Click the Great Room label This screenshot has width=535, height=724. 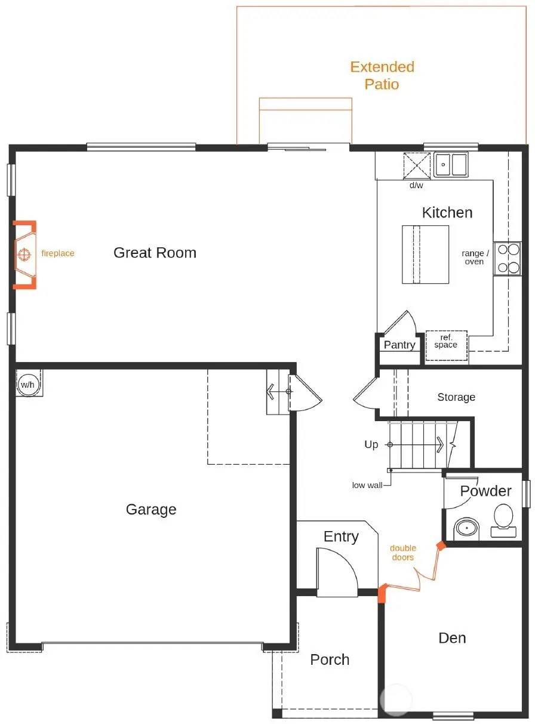pos(155,253)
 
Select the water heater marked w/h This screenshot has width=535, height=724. pos(28,384)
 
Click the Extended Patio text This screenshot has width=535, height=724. pos(382,75)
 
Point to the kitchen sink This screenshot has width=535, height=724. pos(451,164)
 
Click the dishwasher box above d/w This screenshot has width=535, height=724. pos(417,165)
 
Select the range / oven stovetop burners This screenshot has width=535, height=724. pos(507,258)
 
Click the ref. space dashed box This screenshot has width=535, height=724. pos(446,345)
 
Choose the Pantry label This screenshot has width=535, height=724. pos(399,345)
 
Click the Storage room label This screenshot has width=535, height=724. pos(456,397)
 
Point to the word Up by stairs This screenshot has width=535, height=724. pos(371,445)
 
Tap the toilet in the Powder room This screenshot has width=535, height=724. pos(503,519)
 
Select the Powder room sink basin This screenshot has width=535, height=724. pos(466,529)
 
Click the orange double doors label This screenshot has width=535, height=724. pos(403,553)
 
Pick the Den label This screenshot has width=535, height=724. pos(452,638)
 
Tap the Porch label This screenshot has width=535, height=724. pos(330,659)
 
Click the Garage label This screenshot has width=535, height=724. pos(151,510)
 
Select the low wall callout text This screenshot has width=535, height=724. pos(367,485)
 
